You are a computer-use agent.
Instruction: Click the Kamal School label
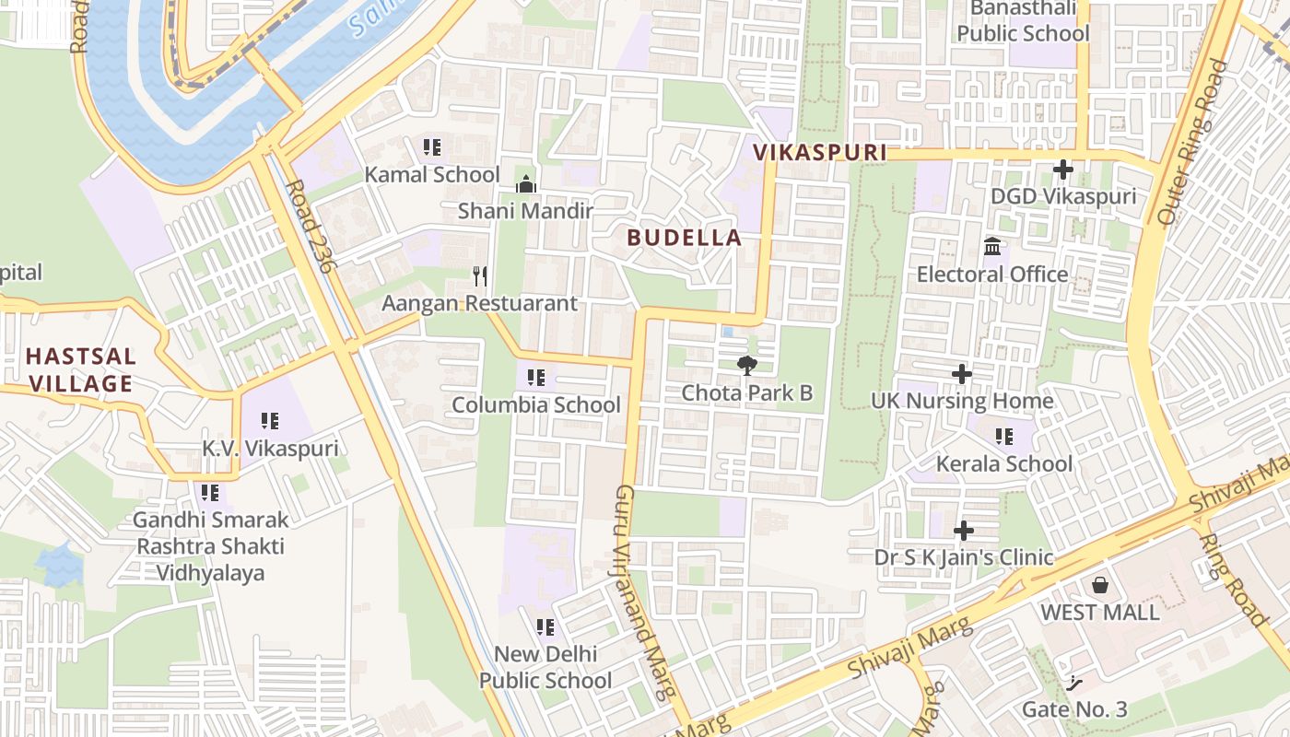432,174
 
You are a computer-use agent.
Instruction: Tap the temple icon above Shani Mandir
526,184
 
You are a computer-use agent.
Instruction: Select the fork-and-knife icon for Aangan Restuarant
479,275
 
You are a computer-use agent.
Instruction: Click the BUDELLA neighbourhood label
685,238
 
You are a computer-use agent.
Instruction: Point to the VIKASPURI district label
820,153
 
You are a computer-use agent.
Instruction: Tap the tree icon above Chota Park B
747,366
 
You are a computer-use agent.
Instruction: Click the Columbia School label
536,404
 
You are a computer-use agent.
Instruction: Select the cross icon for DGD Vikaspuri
1063,170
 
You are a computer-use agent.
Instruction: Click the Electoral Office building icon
992,247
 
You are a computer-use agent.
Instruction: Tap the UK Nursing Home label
962,401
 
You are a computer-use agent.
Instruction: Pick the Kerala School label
1004,463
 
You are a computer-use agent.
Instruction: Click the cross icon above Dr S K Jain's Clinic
963,531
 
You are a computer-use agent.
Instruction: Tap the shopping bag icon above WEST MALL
1099,585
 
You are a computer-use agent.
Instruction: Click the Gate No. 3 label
1074,709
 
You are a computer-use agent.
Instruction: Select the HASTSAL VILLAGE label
81,369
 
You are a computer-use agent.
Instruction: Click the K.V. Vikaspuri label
270,449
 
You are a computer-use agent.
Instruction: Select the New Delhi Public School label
545,667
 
